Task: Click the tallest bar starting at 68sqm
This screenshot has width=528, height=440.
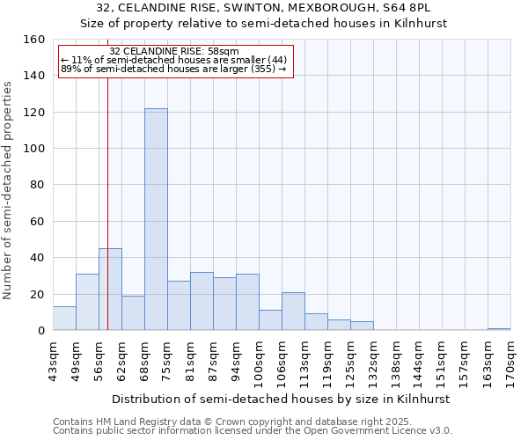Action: pyautogui.click(x=156, y=219)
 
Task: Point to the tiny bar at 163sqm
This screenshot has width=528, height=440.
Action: pyautogui.click(x=499, y=329)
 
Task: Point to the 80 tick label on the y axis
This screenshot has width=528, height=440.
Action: pyautogui.click(x=37, y=185)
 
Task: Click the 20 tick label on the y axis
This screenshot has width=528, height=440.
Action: pyautogui.click(x=37, y=295)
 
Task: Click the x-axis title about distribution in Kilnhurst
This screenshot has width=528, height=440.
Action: pyautogui.click(x=282, y=399)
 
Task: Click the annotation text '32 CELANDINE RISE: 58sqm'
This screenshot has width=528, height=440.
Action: pyautogui.click(x=174, y=52)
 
